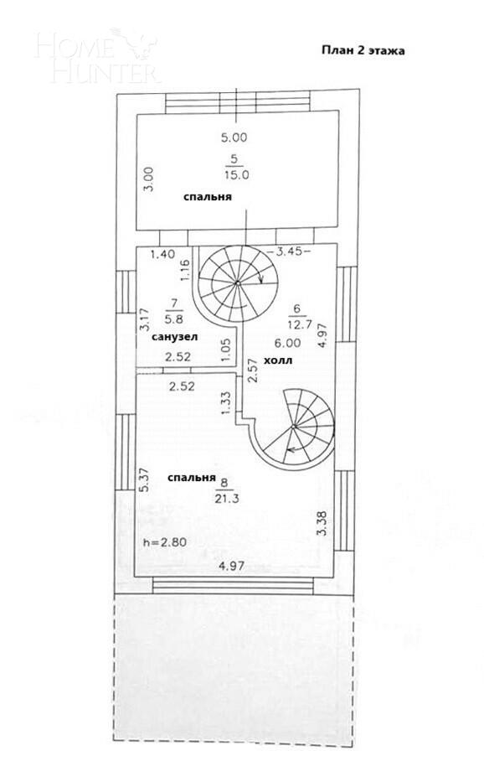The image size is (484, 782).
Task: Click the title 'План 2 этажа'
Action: click(363, 50)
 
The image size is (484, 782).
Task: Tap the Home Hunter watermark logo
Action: click(96, 56)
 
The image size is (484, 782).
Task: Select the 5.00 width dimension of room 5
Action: click(234, 137)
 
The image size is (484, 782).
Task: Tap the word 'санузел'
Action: click(174, 337)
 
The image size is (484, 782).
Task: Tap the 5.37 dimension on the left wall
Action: click(144, 479)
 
